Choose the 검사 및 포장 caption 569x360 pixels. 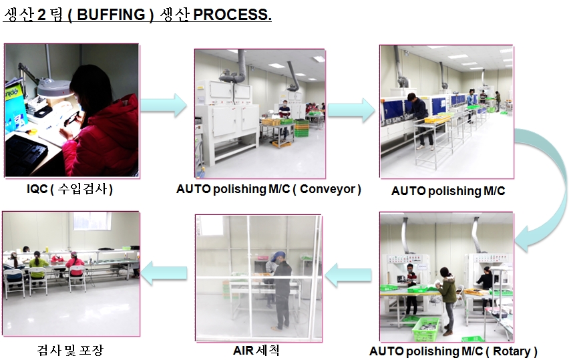click(70, 350)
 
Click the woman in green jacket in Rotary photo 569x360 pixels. click(447, 294)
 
